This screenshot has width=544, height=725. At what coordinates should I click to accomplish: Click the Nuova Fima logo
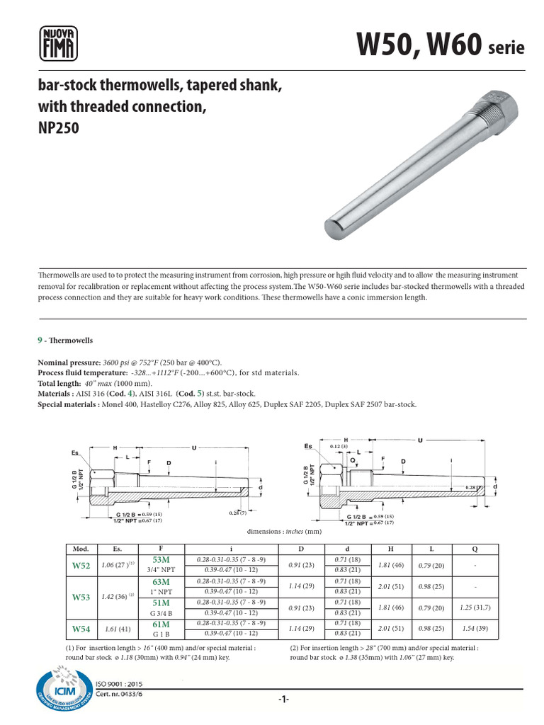56,43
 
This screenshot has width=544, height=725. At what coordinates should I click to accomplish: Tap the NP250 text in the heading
57,130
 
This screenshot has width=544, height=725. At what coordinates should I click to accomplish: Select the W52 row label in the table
81,566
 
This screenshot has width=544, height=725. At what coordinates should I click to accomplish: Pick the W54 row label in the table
81,628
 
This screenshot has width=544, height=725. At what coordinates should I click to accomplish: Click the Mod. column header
76,549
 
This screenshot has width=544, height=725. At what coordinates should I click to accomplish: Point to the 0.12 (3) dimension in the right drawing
339,447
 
